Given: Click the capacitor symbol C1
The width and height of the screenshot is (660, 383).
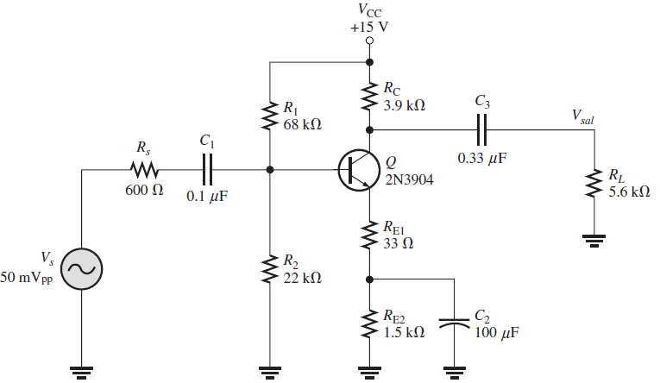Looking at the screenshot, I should (206, 170).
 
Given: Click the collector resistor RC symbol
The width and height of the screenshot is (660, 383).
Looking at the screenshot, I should (369, 96).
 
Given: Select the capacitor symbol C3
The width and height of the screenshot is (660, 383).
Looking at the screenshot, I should (482, 130).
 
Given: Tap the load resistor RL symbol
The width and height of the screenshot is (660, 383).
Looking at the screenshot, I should (592, 184).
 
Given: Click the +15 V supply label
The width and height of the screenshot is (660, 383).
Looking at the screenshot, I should (369, 27).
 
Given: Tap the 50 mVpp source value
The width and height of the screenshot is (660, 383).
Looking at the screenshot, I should (28, 279).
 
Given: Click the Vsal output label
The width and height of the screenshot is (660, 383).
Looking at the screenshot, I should (582, 115).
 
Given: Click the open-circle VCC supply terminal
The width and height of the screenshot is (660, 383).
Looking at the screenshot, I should (369, 41).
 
